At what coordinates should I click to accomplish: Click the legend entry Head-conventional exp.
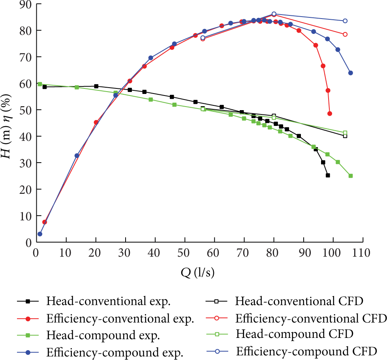coord(94,301)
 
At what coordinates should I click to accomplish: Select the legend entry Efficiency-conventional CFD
coord(296,318)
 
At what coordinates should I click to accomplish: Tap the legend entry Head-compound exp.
coord(88,335)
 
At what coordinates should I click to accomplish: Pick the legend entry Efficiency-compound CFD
coord(291,351)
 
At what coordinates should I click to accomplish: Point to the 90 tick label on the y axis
coord(26,4)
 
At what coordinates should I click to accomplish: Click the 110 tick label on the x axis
coord(361,253)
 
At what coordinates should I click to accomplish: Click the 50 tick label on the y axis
coord(26,110)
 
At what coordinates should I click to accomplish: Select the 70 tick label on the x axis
coord(242,253)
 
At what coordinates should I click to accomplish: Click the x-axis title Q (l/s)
coord(197,272)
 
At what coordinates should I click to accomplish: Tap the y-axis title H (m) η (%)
coord(6,126)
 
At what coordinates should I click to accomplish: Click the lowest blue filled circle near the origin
coord(40,234)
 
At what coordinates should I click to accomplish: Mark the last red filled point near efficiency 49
coord(329,114)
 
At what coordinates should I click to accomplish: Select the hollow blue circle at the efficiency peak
coord(274,14)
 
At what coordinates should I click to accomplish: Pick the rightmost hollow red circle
coord(345,34)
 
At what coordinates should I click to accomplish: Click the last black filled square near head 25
coord(328,175)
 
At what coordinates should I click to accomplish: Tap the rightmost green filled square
coord(351,176)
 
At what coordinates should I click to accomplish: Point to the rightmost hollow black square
coord(345,136)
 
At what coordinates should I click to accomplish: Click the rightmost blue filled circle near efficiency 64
coord(351,73)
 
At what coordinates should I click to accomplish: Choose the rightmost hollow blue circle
coord(345,21)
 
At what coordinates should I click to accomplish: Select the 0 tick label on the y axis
coord(29,242)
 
